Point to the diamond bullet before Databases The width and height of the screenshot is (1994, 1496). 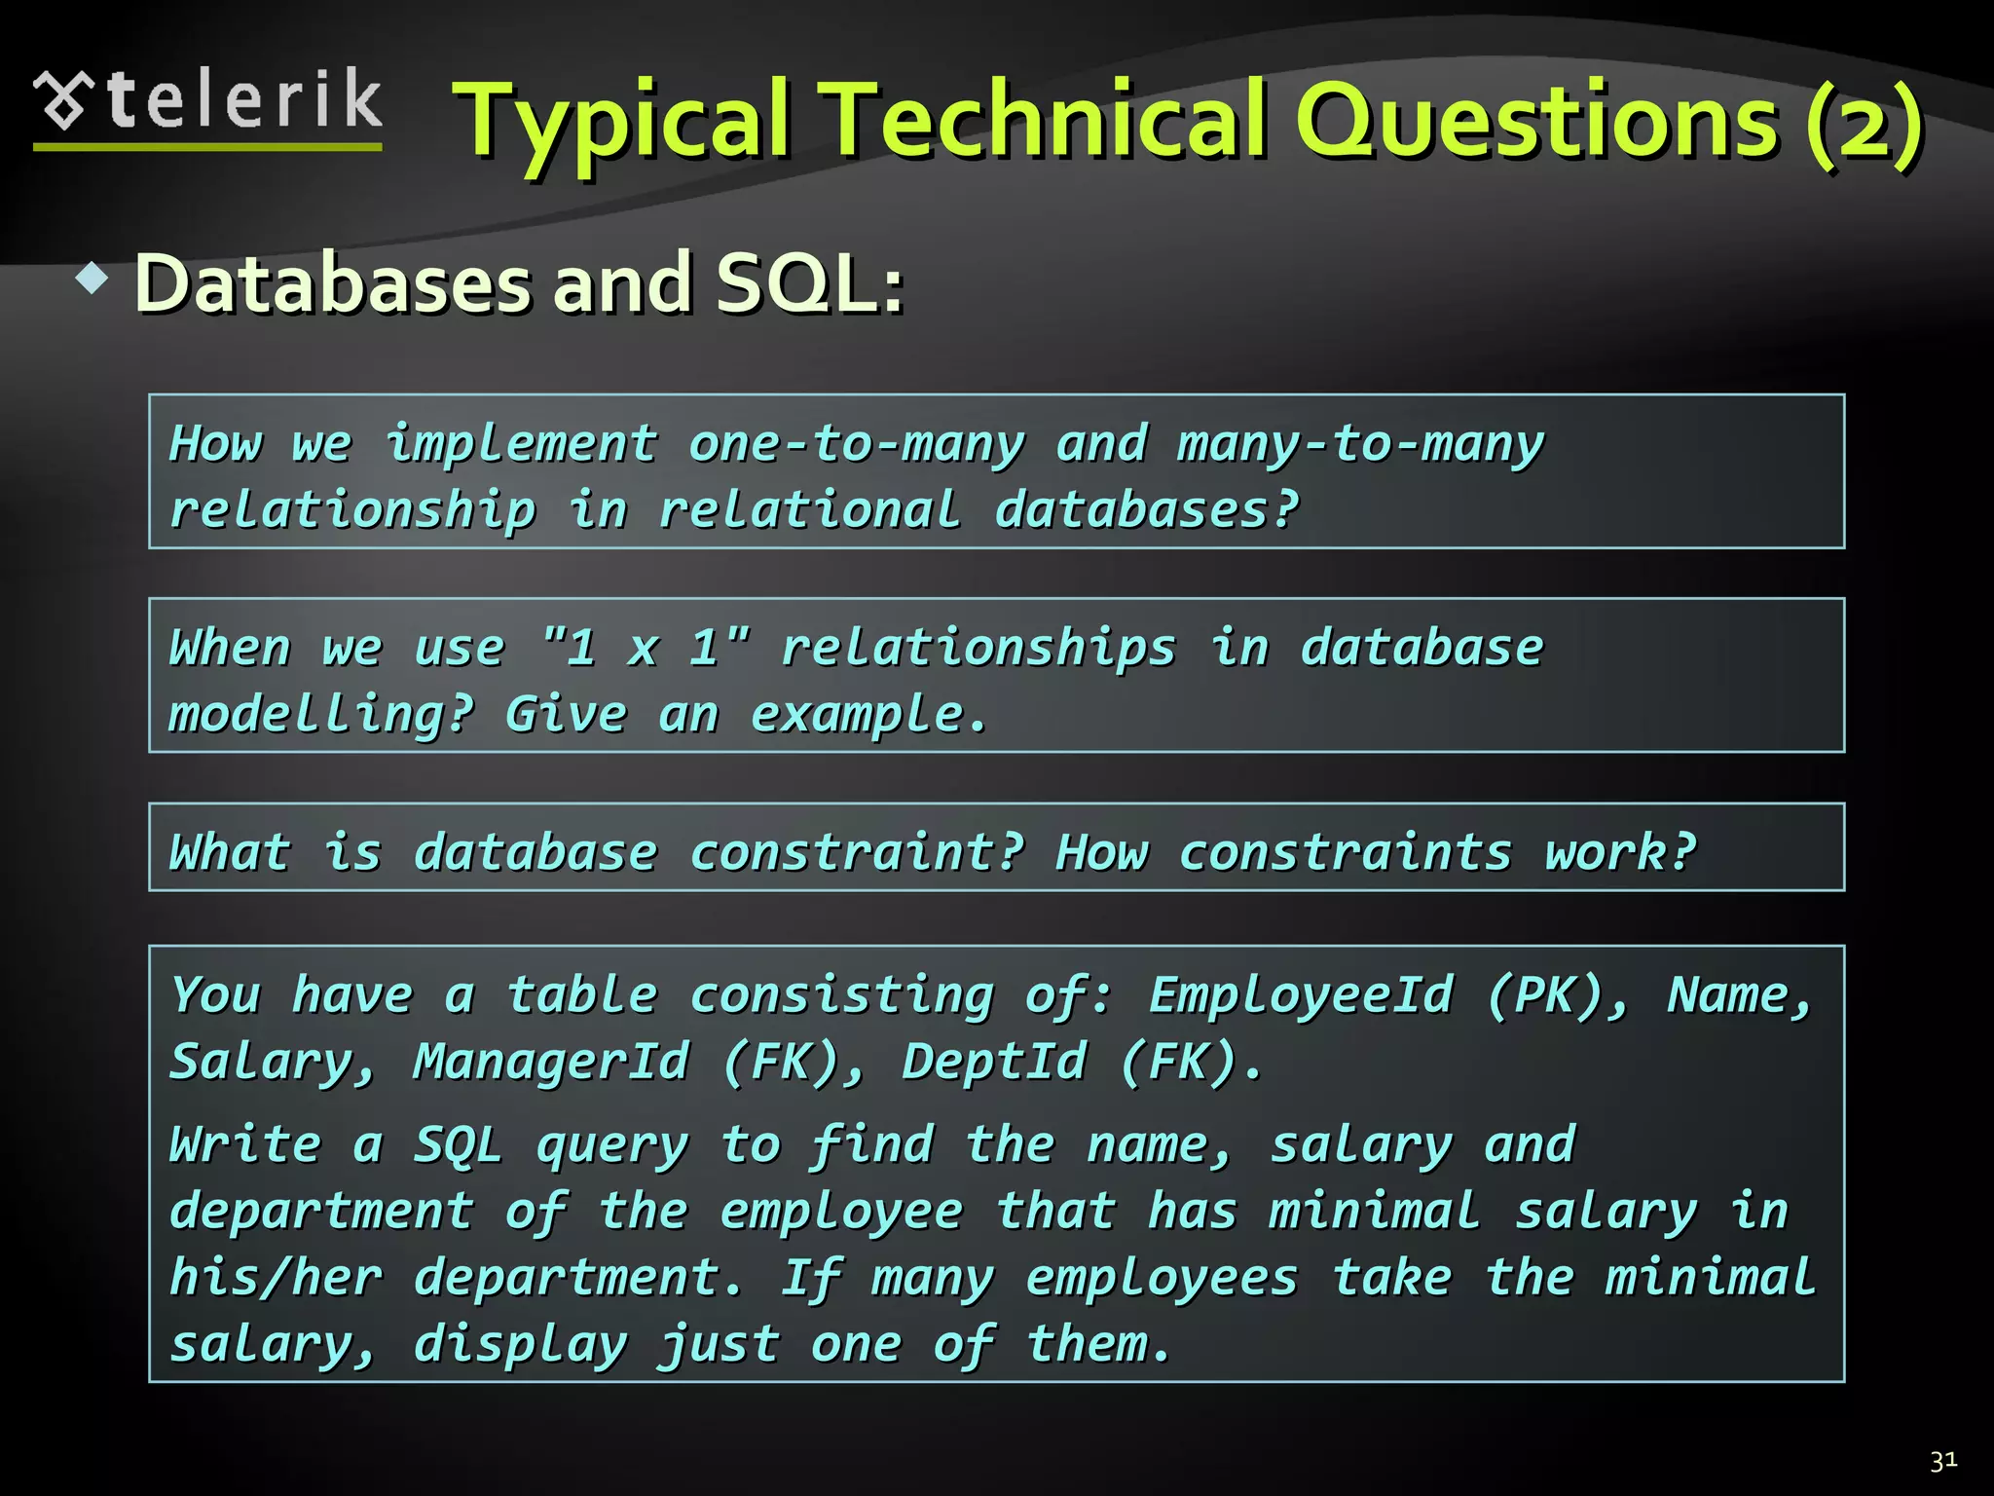[x=92, y=280]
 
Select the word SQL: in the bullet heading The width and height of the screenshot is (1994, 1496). [x=809, y=284]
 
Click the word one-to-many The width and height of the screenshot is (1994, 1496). [x=857, y=444]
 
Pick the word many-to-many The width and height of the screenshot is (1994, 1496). [x=1360, y=444]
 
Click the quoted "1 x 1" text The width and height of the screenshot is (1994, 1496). [x=646, y=648]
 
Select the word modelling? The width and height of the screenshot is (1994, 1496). [x=321, y=715]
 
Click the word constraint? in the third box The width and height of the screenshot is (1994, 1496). [x=857, y=853]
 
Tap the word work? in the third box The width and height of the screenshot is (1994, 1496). [x=1620, y=853]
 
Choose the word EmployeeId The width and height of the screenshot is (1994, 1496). [x=1301, y=995]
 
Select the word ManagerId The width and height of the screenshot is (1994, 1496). [x=551, y=1062]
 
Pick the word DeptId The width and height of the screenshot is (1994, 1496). [x=993, y=1062]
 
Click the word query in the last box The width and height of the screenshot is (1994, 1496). [x=612, y=1145]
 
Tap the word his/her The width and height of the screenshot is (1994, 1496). [x=276, y=1278]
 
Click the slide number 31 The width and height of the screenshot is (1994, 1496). [x=1943, y=1461]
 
